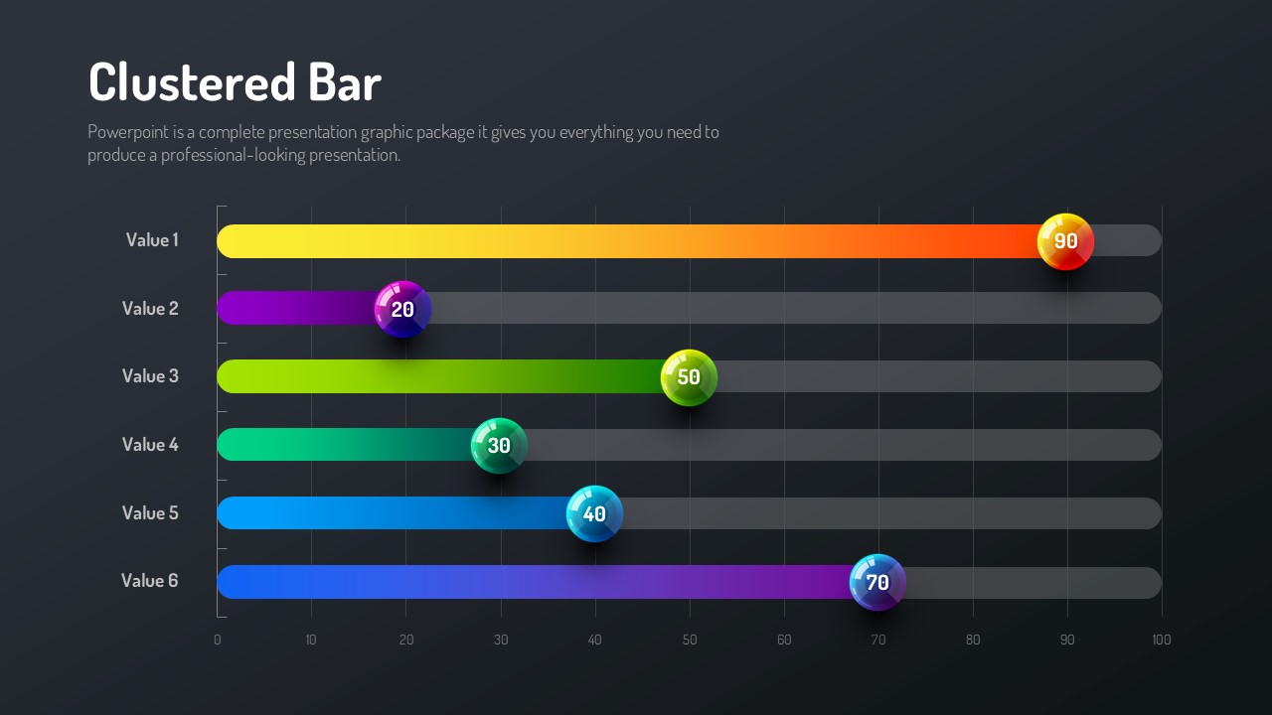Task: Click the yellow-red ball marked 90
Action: pyautogui.click(x=1065, y=241)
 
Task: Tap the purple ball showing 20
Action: pyautogui.click(x=402, y=309)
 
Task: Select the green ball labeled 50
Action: pyautogui.click(x=689, y=377)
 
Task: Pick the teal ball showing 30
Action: pyautogui.click(x=499, y=446)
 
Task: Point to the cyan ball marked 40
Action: pyautogui.click(x=594, y=514)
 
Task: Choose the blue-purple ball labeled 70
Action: pyautogui.click(x=877, y=582)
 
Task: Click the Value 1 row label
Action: pyautogui.click(x=152, y=240)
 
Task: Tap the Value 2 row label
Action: pyautogui.click(x=150, y=309)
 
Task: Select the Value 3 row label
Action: pyautogui.click(x=150, y=376)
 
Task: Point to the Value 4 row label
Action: pyautogui.click(x=150, y=445)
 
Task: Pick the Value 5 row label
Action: pyautogui.click(x=150, y=513)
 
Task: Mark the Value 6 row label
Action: pyautogui.click(x=150, y=581)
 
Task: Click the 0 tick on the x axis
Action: pyautogui.click(x=218, y=641)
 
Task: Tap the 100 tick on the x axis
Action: pyautogui.click(x=1161, y=641)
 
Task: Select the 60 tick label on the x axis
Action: pyautogui.click(x=784, y=641)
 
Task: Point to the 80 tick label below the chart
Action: pyautogui.click(x=973, y=641)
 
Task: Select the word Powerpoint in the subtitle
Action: pyautogui.click(x=128, y=132)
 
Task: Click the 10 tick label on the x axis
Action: pyautogui.click(x=311, y=641)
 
